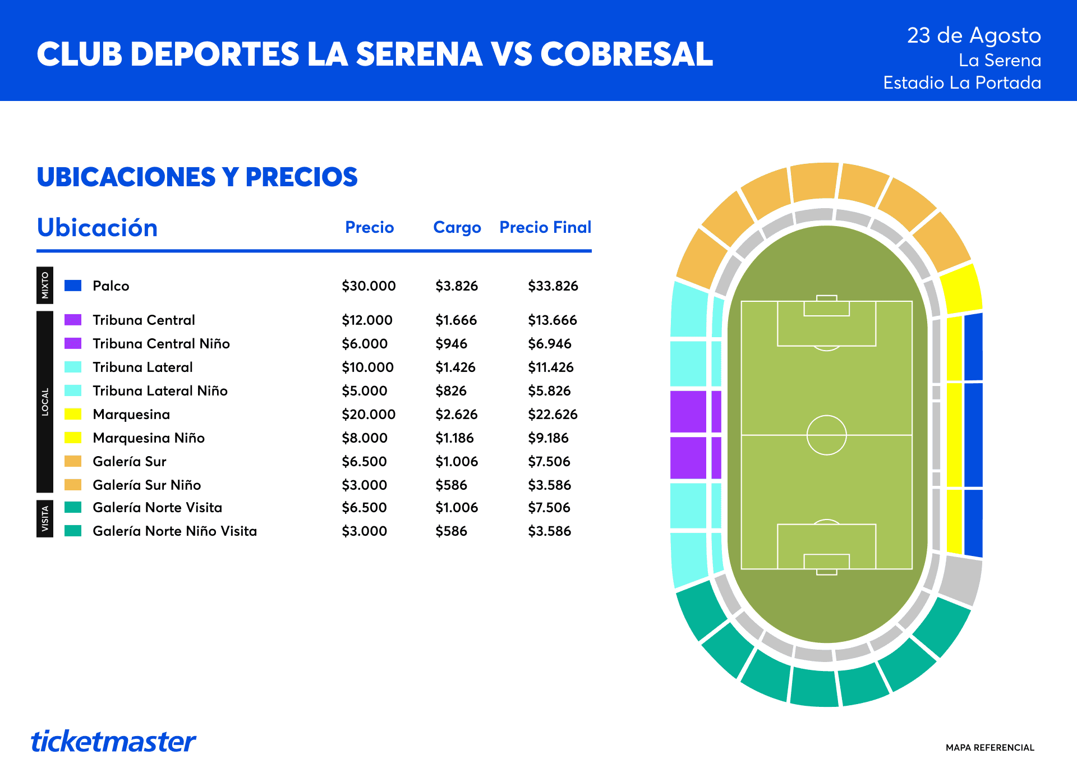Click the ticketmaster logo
pos(113,741)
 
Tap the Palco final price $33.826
pos(553,286)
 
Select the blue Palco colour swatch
pos(73,285)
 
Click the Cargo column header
pos(457,227)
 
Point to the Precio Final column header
pos(545,227)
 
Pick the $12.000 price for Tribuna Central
pos(367,320)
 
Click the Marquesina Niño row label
pos(149,438)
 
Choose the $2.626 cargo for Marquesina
pos(457,414)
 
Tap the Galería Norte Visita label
pos(158,507)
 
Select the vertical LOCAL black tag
pos(45,402)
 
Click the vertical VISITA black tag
pos(45,518)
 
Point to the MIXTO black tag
pos(45,285)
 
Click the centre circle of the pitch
pos(826,416)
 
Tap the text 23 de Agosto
pos(974,35)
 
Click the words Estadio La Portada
pos(962,82)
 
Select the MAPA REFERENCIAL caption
pos(990,747)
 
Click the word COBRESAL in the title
pos(627,54)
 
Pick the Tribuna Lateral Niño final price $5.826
pos(550,390)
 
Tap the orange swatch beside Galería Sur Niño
pos(73,484)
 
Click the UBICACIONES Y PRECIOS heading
pos(197,177)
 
